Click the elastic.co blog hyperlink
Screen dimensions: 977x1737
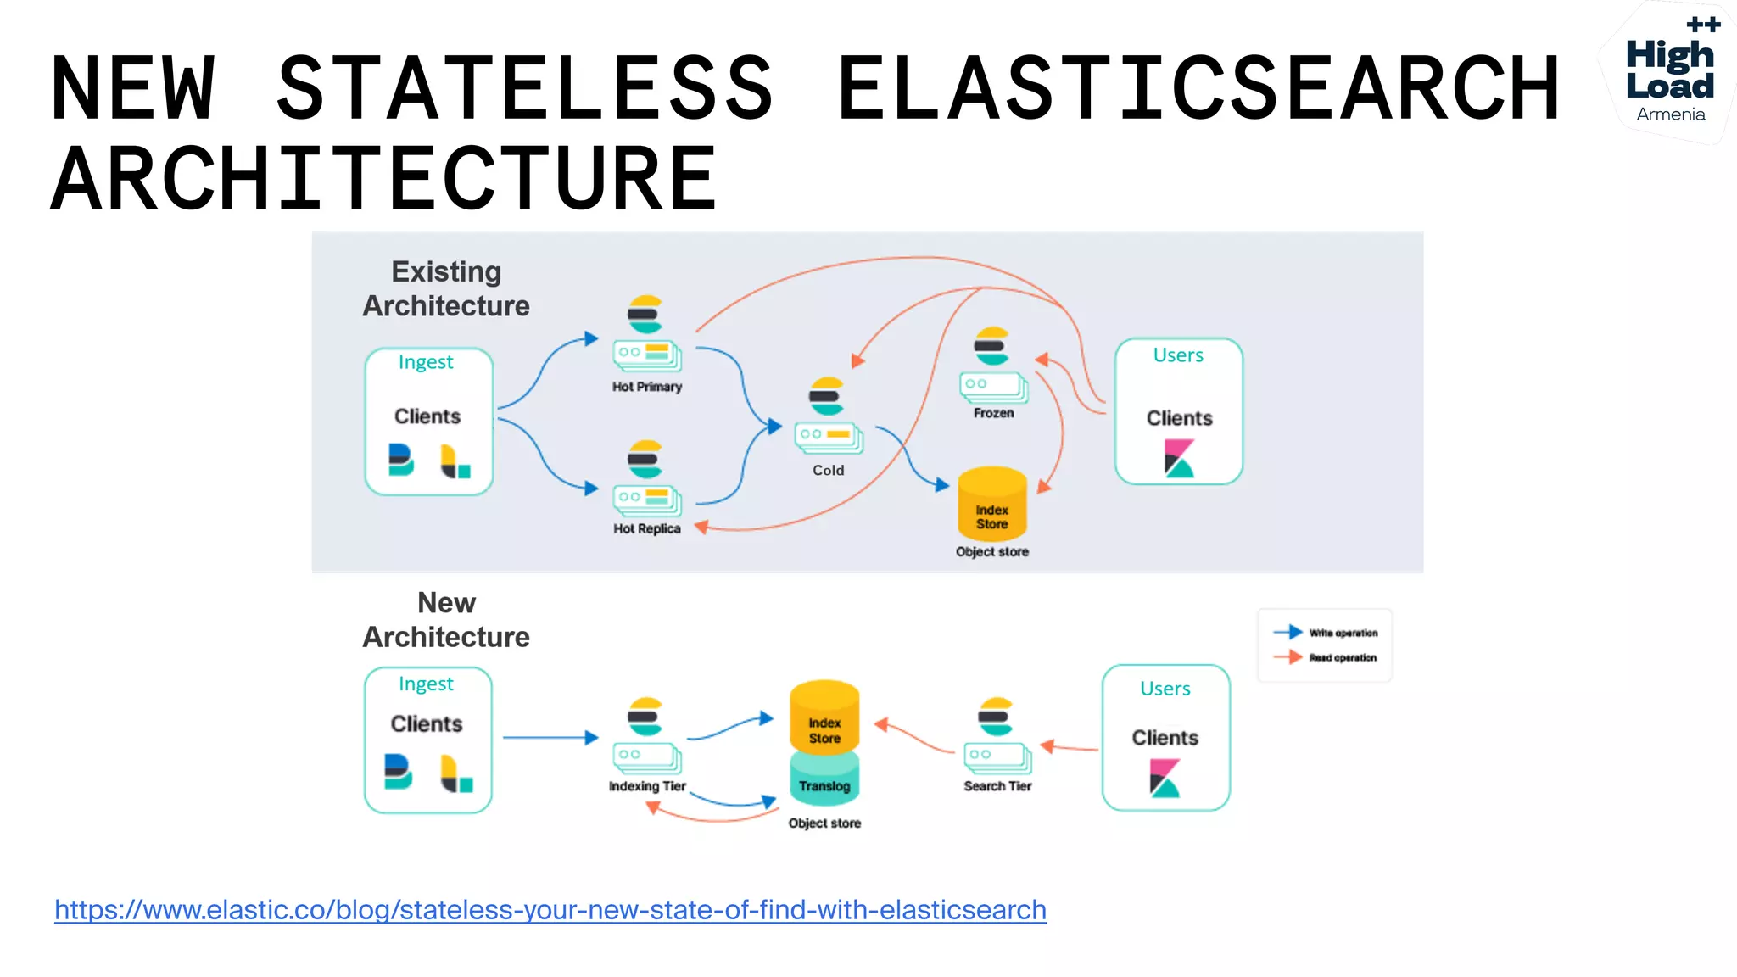[550, 910]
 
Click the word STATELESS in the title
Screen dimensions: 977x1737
[525, 88]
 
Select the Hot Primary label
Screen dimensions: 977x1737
[647, 387]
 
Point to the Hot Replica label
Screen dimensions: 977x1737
[647, 528]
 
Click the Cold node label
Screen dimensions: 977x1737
[829, 471]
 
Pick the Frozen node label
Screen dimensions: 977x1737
[993, 413]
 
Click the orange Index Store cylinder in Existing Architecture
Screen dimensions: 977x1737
[991, 506]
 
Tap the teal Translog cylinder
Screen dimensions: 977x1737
[824, 782]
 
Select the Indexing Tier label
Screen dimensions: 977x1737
[647, 786]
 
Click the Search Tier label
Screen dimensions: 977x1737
[997, 786]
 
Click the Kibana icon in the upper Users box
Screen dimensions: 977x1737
[1179, 458]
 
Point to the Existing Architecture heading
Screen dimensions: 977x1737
[446, 288]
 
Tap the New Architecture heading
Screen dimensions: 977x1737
[446, 620]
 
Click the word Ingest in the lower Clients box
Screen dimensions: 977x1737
[426, 684]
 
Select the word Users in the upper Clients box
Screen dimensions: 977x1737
[1178, 355]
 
